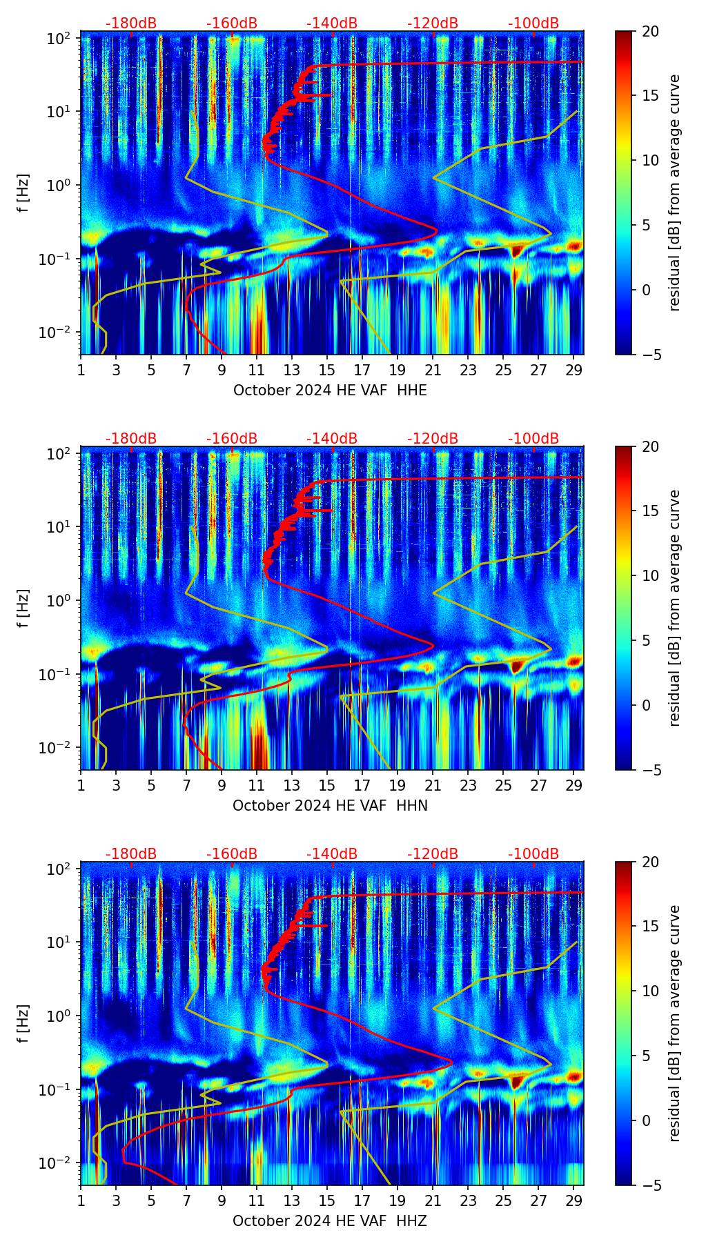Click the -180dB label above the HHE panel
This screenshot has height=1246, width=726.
coord(131,23)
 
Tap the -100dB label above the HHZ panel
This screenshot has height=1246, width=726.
coord(533,854)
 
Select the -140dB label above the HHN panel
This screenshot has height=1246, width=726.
coord(332,439)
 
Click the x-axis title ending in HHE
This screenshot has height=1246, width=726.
coord(330,390)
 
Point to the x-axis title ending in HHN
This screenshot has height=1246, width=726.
coord(330,806)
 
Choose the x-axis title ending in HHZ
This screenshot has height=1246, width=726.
coord(330,1221)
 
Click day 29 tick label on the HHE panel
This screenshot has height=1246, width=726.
coord(574,370)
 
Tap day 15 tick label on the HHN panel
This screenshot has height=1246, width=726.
coord(327,785)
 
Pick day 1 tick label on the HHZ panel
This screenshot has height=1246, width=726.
coord(81,1200)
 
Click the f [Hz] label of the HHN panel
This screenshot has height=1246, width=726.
coord(23,608)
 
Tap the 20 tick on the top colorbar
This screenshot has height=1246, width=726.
coord(651,31)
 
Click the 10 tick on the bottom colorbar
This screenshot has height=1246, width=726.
coord(651,991)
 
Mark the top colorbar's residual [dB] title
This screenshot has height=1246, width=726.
coord(674,192)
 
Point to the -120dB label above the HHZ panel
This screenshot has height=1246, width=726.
coord(433,854)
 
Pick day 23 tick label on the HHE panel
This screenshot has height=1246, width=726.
coord(468,370)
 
